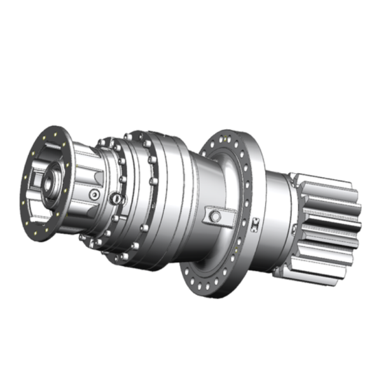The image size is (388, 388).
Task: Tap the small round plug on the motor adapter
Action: [95, 193]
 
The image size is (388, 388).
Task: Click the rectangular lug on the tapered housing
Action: [214, 216]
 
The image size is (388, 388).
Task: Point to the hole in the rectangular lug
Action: [216, 216]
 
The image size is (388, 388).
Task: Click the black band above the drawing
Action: [194, 35]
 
